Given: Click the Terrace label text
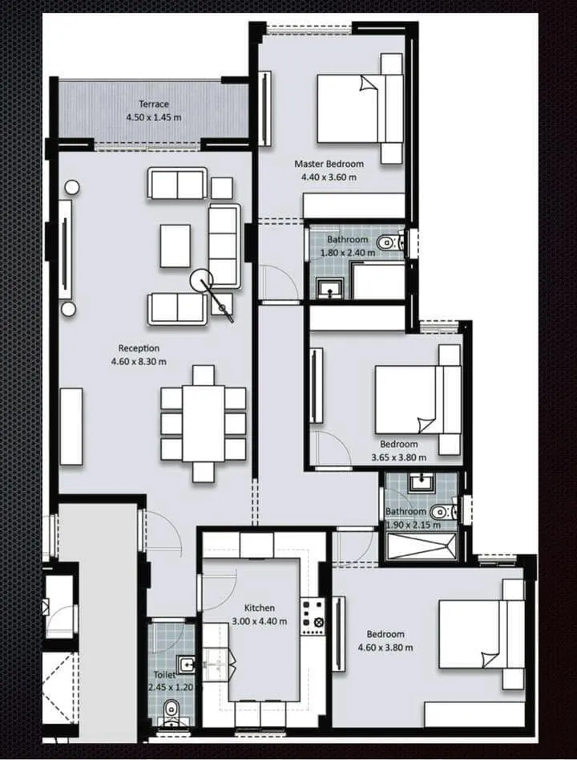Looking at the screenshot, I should pos(153,104).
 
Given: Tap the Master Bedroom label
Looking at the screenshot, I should pos(329,165).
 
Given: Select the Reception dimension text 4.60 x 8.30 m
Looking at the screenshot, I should pos(139,362).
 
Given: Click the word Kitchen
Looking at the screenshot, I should pos(259,608).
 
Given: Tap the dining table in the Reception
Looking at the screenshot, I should pos(204,424).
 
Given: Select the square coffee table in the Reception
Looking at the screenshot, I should pos(175,246).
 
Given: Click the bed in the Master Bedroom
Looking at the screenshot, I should pos(360,108).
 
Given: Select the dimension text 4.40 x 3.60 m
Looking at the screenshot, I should pos(329,177).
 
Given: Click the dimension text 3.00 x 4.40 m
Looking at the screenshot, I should pos(259,621).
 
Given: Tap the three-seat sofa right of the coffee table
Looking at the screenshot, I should pos(224,246).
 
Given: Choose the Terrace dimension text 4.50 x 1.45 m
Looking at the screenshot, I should pos(153,117).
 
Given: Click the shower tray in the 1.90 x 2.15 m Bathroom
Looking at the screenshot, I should pos(422,545).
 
